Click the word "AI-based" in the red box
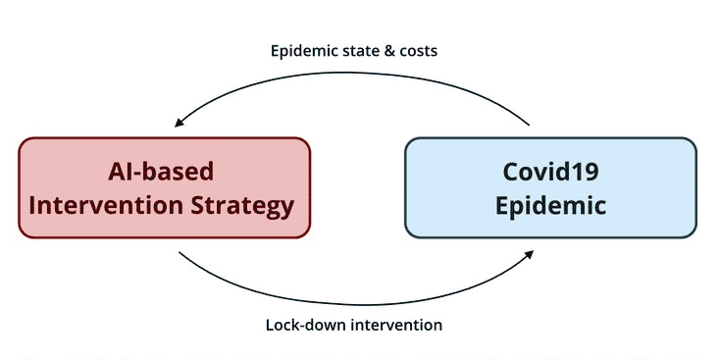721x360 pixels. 161,172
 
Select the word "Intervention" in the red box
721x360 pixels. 106,205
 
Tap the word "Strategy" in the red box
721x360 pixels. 242,207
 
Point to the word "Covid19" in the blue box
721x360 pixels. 550,172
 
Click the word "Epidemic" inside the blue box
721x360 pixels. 550,205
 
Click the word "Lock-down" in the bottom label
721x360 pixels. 306,325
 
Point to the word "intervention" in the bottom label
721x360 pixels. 397,325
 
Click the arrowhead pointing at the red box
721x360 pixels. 180,123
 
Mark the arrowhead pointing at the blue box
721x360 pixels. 529,254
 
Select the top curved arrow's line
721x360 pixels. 352,73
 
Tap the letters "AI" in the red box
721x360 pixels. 118,172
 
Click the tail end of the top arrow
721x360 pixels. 529,125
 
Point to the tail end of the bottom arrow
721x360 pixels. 180,252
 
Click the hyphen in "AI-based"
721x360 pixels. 132,175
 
